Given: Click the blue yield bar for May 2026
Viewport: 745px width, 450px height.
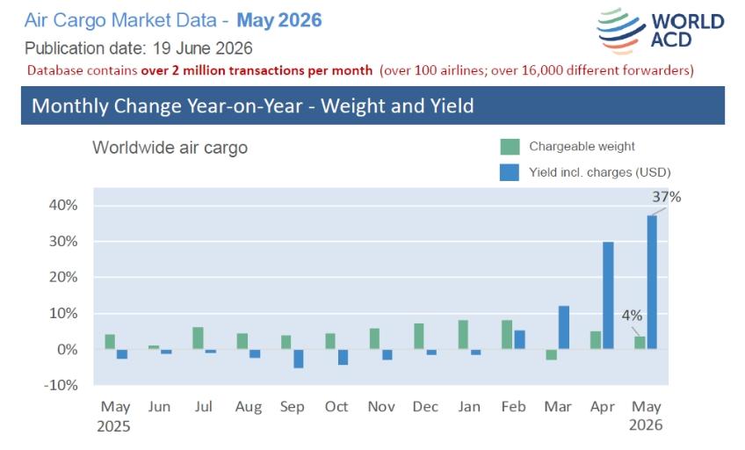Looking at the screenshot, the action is pos(652,282).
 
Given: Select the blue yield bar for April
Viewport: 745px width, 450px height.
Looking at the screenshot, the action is pos(608,295).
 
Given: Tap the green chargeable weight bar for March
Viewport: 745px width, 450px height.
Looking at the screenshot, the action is pos(551,354).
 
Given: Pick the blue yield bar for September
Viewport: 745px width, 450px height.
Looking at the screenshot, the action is pos(299,359).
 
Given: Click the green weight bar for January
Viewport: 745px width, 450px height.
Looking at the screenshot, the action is pos(463,335).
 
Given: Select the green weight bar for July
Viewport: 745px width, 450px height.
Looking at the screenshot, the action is pos(199,338).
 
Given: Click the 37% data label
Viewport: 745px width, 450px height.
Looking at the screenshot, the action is pos(666,197).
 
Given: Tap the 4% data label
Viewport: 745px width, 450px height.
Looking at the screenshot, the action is pos(632,315).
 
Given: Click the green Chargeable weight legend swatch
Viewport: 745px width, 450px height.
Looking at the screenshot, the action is pos(510,147).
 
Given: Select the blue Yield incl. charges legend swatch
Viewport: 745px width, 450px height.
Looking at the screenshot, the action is pos(510,172).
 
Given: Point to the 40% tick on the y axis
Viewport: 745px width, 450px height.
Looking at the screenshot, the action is pos(63,206).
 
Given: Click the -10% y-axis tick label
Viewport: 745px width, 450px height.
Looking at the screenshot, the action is pos(61,385).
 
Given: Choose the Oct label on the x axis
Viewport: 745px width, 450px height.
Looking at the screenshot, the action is pos(336,407).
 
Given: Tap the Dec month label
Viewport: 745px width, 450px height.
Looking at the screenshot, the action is pos(425,407).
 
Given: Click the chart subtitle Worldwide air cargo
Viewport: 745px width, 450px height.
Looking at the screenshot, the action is pos(170,148).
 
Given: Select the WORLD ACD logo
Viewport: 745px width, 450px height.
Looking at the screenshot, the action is pos(661,31).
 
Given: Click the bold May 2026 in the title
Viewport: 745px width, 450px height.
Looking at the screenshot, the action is pos(279,20).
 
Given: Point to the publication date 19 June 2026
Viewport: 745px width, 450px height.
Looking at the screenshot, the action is pos(202,48).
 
